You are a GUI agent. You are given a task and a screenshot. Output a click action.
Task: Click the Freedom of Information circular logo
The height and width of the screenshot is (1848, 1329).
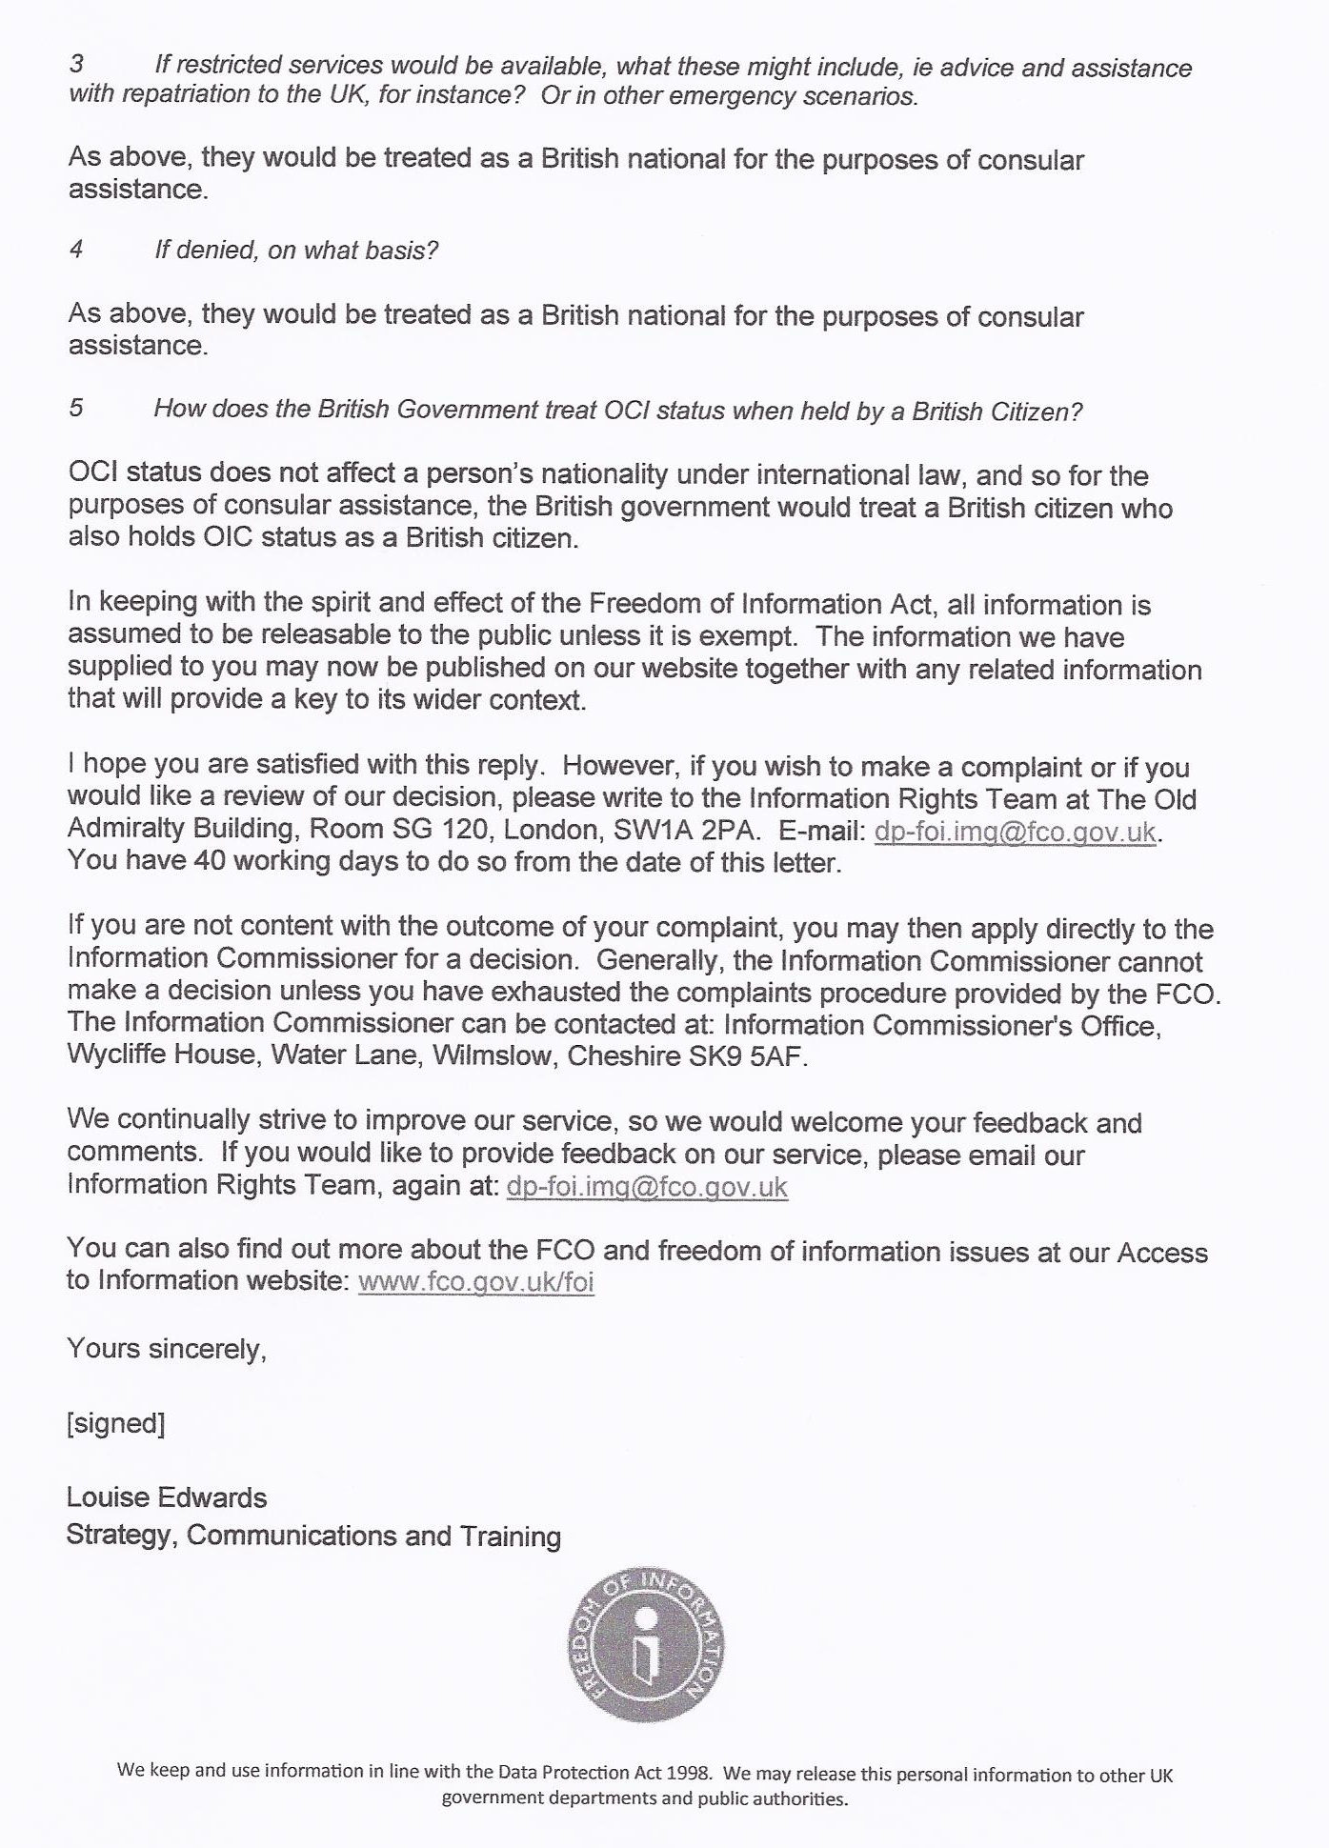point(646,1645)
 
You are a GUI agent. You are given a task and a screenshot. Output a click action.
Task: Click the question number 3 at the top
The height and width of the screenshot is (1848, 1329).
point(76,65)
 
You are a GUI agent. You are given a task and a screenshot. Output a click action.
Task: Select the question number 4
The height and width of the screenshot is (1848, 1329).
point(76,250)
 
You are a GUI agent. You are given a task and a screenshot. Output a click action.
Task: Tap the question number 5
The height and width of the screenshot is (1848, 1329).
point(76,408)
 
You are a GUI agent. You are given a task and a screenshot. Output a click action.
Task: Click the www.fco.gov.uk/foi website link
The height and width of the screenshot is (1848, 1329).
point(475,1281)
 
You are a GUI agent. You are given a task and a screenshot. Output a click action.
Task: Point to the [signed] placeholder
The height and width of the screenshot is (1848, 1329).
point(115,1423)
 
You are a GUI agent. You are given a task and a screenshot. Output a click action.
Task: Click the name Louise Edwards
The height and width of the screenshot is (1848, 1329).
point(167,1497)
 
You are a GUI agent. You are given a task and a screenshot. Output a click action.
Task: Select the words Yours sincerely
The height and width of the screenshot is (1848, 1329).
point(166,1349)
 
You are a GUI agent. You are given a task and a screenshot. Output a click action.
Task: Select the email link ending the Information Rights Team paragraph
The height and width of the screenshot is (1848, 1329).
point(647,1187)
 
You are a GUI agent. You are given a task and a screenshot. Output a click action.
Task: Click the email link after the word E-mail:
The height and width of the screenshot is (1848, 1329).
point(1015,832)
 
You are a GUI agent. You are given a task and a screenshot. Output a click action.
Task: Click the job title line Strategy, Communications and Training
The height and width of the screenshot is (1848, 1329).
point(313,1536)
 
